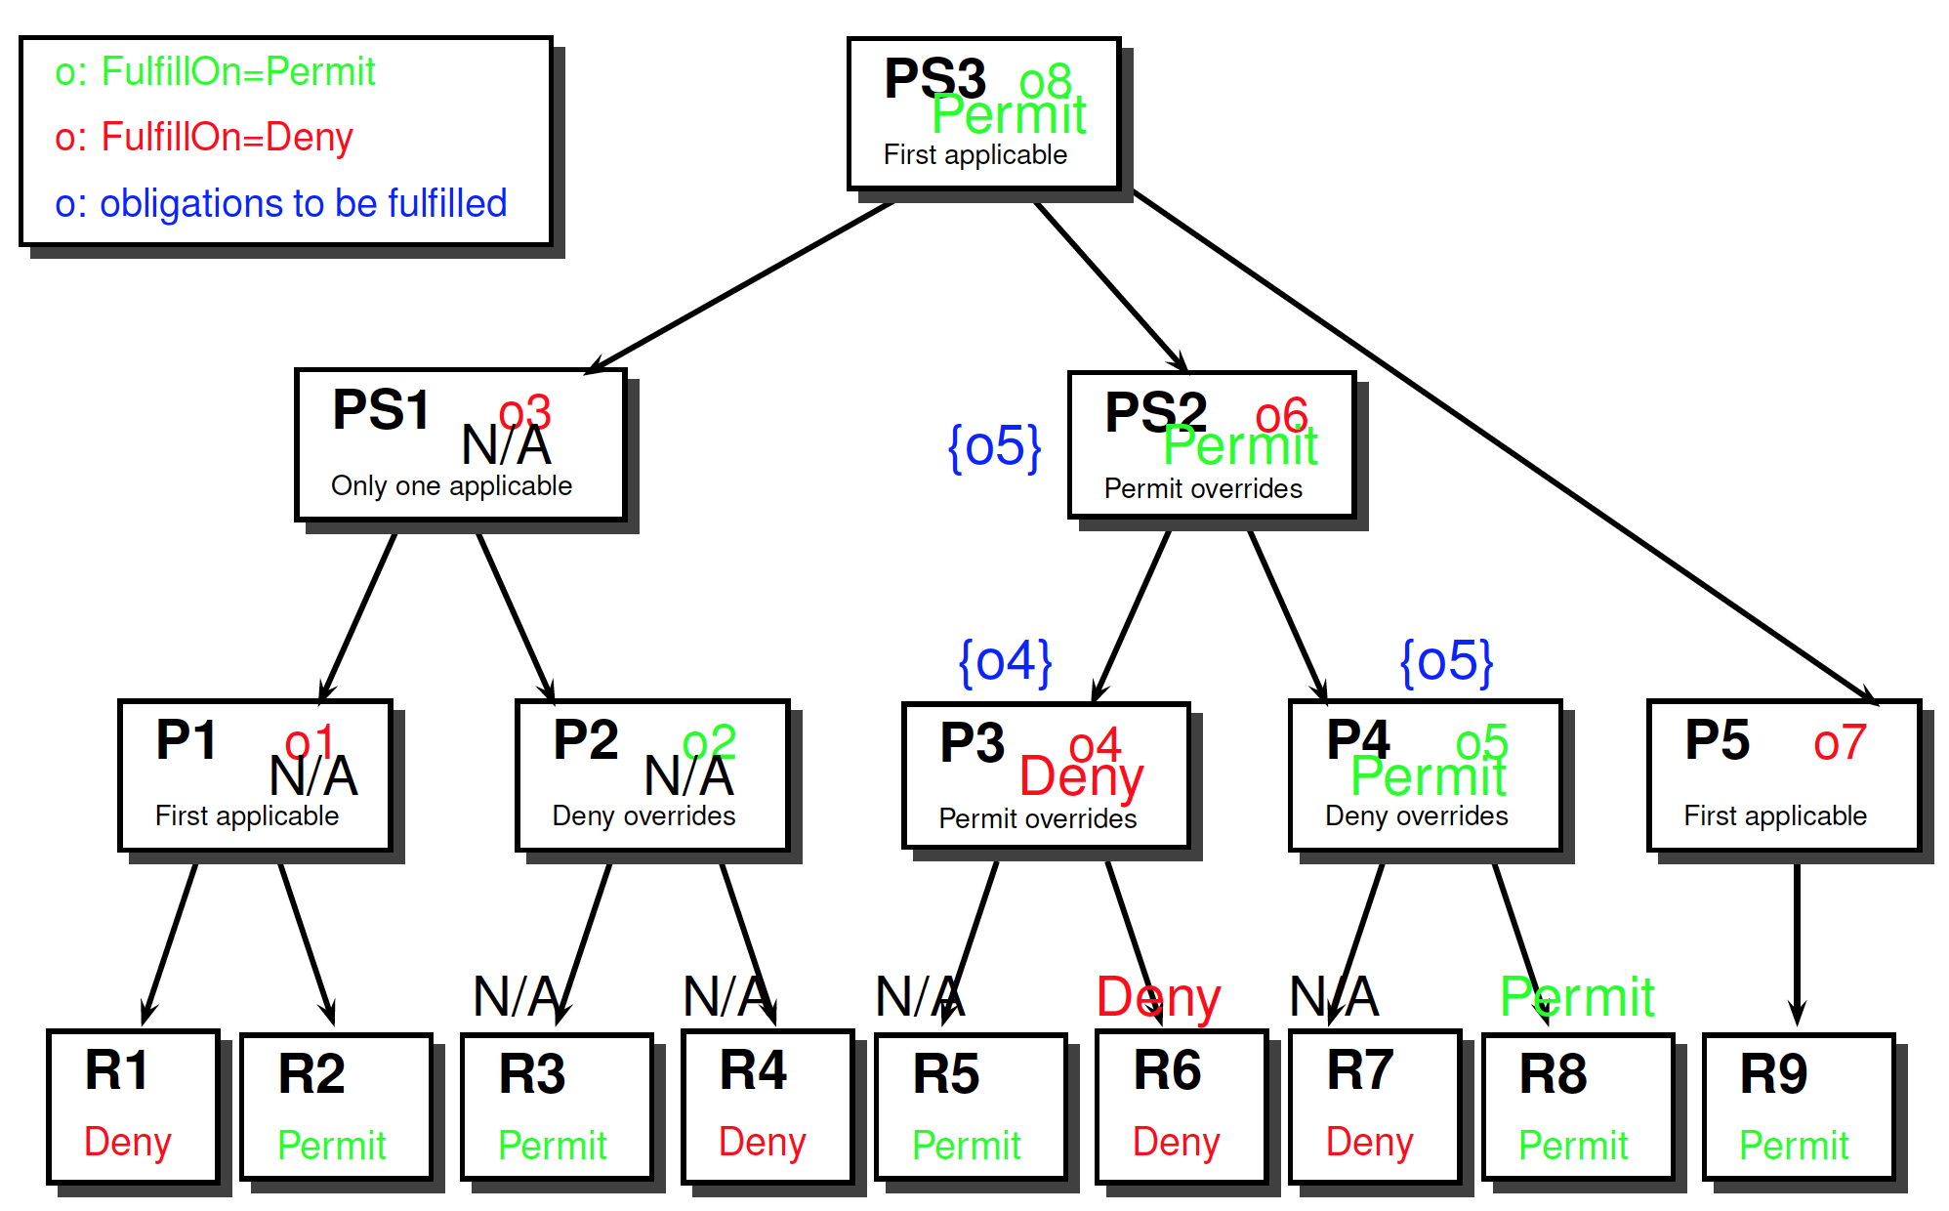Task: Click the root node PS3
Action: click(983, 113)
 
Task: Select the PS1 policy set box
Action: click(460, 445)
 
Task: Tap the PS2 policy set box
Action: click(1212, 445)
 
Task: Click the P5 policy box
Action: click(1783, 775)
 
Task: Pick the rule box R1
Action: click(133, 1106)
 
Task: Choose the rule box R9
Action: click(1799, 1106)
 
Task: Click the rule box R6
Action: click(1182, 1106)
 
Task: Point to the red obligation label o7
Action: click(1840, 742)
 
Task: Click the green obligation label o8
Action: click(1045, 81)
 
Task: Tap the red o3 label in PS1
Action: click(525, 412)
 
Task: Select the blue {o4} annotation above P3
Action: click(1006, 662)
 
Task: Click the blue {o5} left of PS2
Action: click(995, 447)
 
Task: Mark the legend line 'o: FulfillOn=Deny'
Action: click(204, 137)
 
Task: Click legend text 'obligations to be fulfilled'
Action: click(303, 203)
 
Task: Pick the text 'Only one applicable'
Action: click(451, 485)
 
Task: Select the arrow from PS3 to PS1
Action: click(742, 285)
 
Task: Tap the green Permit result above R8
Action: click(1577, 996)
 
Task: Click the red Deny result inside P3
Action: click(1081, 777)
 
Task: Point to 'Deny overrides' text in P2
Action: click(643, 815)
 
